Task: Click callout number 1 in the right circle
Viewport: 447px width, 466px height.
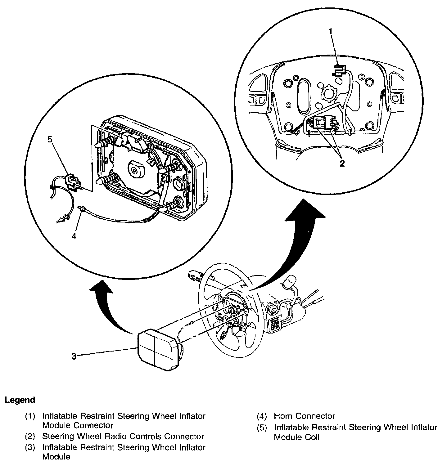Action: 331,31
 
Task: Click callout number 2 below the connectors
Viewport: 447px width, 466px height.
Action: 342,164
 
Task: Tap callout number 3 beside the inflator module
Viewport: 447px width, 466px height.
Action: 74,356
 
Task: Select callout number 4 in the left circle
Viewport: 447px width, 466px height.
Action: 74,236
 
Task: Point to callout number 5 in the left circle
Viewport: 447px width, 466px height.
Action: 50,139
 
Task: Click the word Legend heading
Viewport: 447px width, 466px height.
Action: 20,400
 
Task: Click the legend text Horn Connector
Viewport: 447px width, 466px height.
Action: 304,416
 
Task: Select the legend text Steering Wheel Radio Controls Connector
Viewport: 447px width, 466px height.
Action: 123,437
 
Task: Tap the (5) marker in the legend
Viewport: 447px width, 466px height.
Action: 262,428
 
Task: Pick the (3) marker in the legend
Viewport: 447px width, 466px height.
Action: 30,448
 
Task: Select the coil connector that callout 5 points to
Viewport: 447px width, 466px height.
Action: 72,181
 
